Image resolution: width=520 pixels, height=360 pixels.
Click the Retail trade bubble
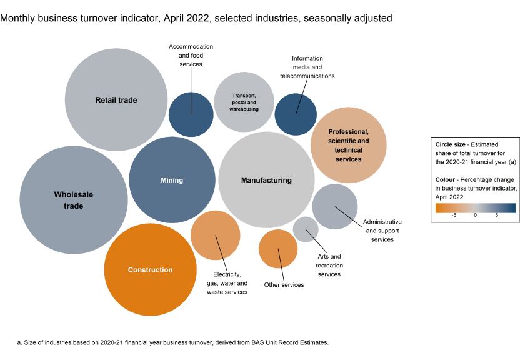(116, 100)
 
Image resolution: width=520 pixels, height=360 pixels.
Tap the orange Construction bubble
(150, 269)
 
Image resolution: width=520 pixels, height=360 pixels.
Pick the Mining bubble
(172, 180)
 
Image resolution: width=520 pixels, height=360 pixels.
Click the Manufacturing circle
(266, 180)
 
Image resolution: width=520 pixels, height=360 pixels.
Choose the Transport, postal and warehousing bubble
(244, 102)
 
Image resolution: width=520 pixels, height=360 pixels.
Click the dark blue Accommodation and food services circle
(191, 114)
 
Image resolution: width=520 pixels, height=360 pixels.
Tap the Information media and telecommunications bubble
(296, 114)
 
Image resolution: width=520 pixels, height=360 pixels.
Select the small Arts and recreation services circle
(306, 229)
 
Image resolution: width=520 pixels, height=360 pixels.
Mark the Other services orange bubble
(278, 249)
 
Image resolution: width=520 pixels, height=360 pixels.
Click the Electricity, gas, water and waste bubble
(216, 235)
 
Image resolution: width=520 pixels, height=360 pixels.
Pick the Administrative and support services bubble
(335, 206)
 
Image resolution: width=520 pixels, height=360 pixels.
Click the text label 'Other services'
(284, 285)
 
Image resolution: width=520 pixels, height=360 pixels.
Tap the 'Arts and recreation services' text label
(329, 265)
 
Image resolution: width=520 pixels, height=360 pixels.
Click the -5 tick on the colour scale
(454, 215)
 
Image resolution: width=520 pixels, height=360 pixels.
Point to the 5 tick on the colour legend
(496, 215)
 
